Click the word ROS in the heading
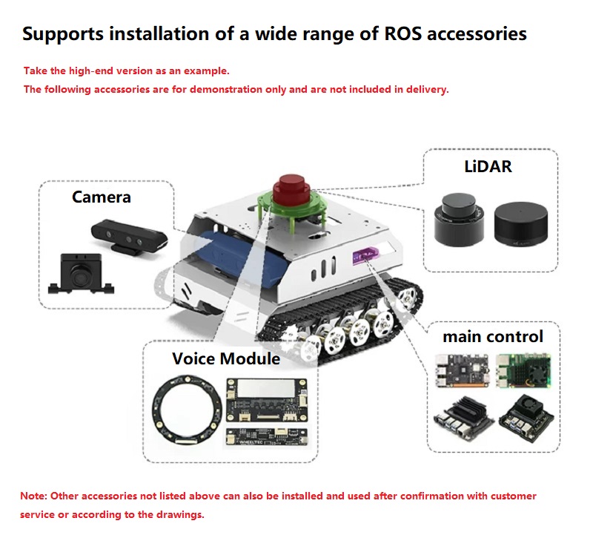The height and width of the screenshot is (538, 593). click(402, 33)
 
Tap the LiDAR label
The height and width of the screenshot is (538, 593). click(488, 166)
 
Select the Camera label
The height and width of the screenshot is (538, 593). click(102, 197)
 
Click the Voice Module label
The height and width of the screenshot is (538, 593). click(226, 358)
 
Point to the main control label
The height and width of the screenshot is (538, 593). click(493, 337)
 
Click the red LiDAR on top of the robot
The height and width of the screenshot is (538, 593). click(291, 190)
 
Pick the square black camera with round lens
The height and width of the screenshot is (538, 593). click(82, 273)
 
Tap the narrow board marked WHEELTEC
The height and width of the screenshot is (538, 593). click(267, 436)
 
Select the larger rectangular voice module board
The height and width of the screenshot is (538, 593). click(267, 400)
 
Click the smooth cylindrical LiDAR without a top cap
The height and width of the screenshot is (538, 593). click(521, 223)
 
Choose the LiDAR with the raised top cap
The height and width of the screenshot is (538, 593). click(459, 220)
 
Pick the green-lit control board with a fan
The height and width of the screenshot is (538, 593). click(523, 370)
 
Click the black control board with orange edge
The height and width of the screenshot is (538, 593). click(462, 370)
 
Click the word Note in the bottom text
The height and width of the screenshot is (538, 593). click(33, 496)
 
